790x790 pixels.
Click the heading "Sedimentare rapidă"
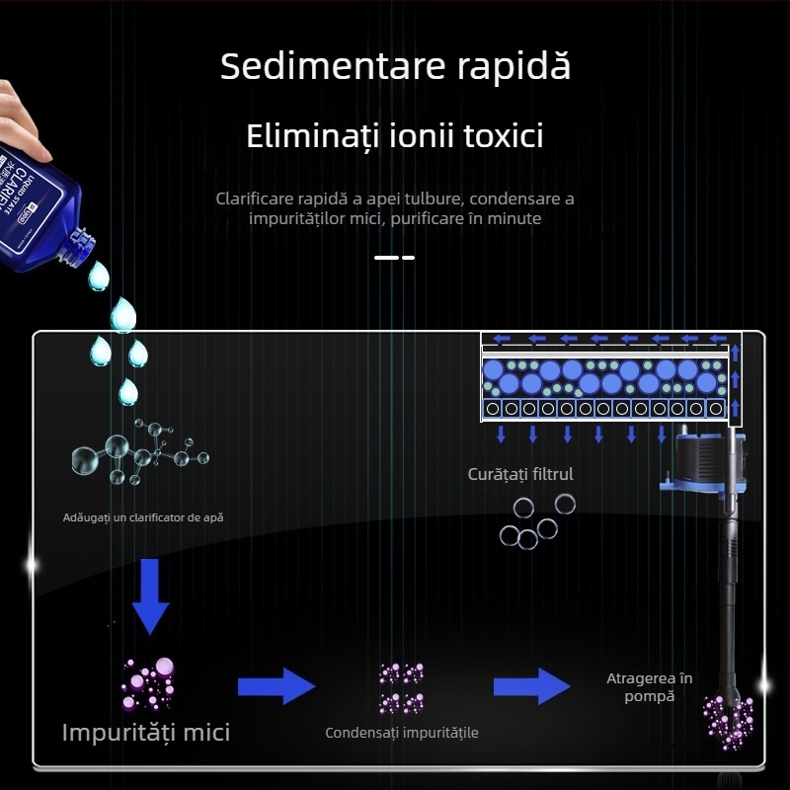click(x=395, y=67)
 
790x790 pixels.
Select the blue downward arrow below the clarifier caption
click(x=151, y=594)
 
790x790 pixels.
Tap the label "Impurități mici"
click(x=146, y=732)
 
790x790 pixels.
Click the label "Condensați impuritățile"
click(x=402, y=733)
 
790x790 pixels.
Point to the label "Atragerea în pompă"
click(x=649, y=686)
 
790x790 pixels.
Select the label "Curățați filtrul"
click(x=520, y=474)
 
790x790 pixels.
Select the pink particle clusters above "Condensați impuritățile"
click(x=402, y=688)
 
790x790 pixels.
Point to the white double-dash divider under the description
click(x=395, y=258)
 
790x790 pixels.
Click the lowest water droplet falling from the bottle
click(x=127, y=392)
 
